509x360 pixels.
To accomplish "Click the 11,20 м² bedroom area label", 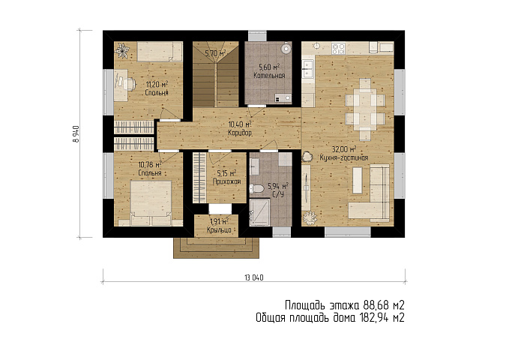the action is [157, 85].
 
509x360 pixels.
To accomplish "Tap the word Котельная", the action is [269, 76].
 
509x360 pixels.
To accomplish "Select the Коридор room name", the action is [240, 133].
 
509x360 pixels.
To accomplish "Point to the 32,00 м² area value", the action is [344, 149].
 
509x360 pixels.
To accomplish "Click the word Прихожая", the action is [226, 181].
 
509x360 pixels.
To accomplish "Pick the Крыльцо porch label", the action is [219, 230].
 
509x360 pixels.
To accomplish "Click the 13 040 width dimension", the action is [254, 277].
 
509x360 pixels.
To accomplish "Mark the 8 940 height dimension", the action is [76, 133].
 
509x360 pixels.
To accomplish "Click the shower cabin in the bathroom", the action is [259, 212].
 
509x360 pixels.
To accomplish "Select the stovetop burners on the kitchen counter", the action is [338, 49].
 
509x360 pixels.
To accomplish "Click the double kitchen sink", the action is [307, 69].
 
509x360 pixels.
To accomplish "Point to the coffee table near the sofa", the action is [358, 180].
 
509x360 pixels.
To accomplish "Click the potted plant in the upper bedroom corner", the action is [123, 51].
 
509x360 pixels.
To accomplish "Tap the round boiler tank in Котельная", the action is [286, 49].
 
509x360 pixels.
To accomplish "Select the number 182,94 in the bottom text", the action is [374, 317].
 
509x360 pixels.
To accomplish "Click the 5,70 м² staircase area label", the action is [216, 53].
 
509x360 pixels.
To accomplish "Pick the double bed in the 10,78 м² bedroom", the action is [151, 203].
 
